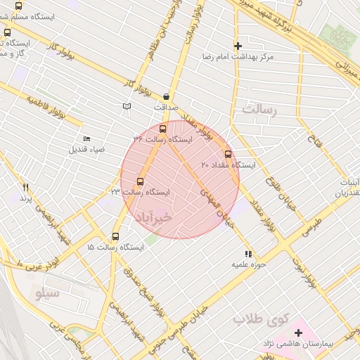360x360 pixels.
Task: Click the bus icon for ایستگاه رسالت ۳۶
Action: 163,129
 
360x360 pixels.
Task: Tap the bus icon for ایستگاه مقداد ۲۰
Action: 228,154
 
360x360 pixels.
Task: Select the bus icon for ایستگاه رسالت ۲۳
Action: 140,181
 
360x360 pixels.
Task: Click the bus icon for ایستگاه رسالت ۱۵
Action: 116,237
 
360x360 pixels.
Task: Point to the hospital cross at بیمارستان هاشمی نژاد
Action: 299,333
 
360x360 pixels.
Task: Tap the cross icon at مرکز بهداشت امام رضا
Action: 238,45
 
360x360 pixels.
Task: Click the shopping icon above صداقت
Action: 166,96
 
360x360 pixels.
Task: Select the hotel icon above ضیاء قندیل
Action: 86,139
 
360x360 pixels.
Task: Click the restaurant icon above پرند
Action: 26,188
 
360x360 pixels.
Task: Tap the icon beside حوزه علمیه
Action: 247,254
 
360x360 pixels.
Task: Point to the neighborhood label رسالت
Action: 260,109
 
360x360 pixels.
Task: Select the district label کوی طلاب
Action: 262,319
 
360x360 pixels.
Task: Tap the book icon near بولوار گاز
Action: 127,106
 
